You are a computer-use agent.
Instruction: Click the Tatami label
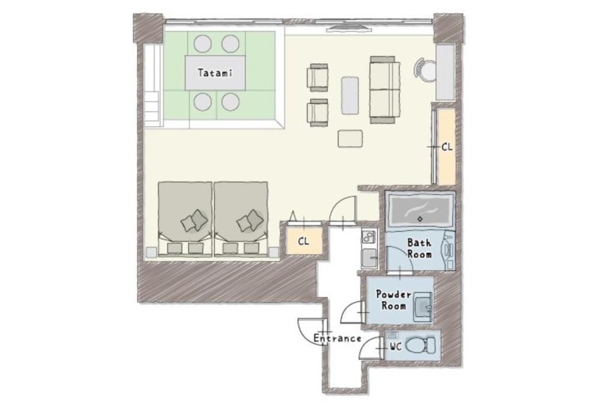coord(215,72)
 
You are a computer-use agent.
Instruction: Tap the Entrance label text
coord(337,339)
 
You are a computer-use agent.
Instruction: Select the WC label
coord(395,347)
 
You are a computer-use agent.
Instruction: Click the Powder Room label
coord(394,300)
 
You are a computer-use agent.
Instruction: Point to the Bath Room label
coord(419,248)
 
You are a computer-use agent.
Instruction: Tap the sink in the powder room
coord(423,307)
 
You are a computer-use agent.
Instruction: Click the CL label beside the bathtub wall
coord(447,147)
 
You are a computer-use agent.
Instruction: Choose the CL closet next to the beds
coord(304,241)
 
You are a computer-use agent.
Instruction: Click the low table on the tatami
coord(215,73)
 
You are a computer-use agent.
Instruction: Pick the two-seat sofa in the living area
coord(384,90)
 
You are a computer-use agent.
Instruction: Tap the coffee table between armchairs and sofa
coord(350,95)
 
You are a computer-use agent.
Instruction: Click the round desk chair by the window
coord(426,70)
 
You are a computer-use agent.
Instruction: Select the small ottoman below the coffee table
coord(350,139)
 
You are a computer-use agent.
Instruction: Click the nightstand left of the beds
coord(151,253)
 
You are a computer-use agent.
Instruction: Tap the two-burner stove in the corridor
coord(369,236)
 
